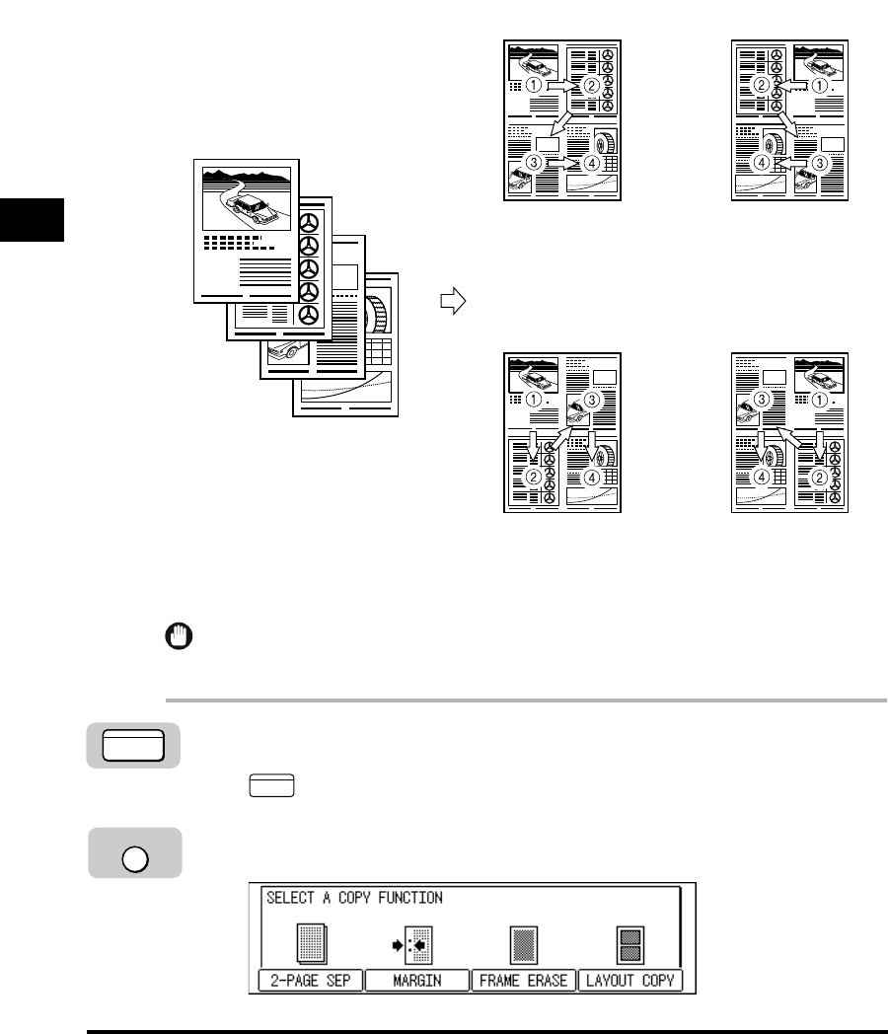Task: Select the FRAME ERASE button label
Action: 524,982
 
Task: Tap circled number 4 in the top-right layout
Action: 763,162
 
